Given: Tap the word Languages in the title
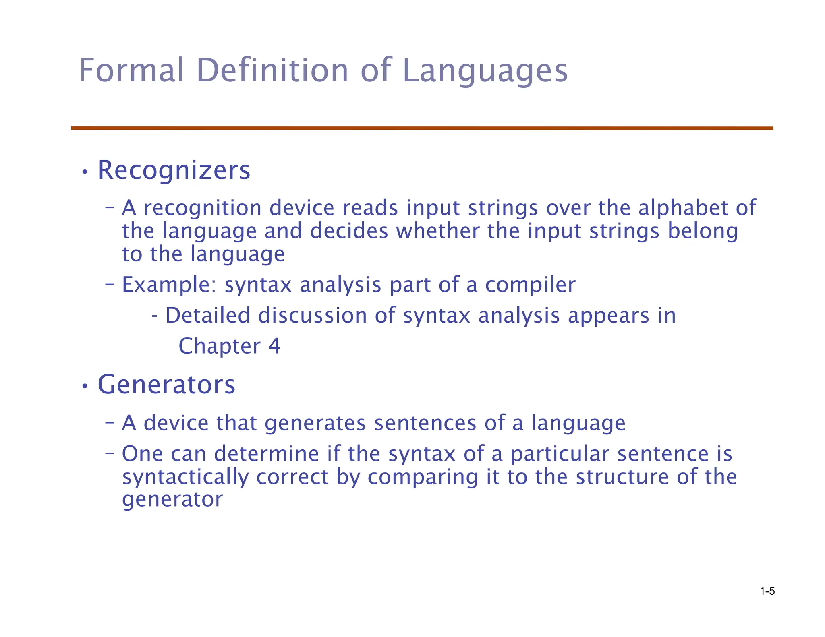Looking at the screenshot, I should [x=485, y=70].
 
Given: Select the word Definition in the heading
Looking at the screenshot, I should [x=272, y=70].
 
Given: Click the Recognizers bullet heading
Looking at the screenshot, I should [x=174, y=170].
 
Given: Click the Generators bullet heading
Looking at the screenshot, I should [x=166, y=385].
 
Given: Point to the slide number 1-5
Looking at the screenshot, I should [x=767, y=591].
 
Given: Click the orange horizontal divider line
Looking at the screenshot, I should [x=422, y=128].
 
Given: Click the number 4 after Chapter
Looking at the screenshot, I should [x=274, y=346].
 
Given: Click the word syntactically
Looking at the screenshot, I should [x=185, y=477].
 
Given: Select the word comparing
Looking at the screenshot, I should [x=422, y=477].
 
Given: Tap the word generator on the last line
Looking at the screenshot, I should [x=172, y=500].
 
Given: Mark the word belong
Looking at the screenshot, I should [x=703, y=231].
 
